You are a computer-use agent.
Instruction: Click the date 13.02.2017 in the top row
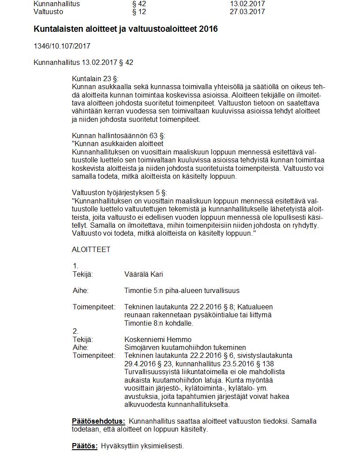[x=247, y=4]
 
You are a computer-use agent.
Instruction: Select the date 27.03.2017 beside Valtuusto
[x=247, y=11]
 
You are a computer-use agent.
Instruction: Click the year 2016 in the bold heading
[x=208, y=29]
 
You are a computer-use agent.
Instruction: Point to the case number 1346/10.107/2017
[x=62, y=46]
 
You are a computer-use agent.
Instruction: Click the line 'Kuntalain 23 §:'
[x=95, y=79]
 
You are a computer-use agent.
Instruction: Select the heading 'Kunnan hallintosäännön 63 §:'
[x=119, y=135]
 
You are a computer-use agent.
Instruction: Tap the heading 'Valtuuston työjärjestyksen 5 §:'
[x=120, y=192]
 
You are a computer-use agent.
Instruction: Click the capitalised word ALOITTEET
[x=91, y=249]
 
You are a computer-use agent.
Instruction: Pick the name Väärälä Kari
[x=144, y=274]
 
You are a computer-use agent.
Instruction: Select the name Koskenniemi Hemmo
[x=158, y=339]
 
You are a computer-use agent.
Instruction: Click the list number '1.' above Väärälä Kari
[x=75, y=266]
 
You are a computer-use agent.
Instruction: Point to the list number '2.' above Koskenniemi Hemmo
[x=75, y=331]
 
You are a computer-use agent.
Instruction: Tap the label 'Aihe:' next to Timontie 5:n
[x=81, y=290]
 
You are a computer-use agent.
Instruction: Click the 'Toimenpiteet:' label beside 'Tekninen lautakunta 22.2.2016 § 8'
[x=94, y=307]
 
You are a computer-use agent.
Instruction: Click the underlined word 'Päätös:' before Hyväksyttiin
[x=85, y=446]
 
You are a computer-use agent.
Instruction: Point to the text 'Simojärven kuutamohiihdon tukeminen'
[x=185, y=347]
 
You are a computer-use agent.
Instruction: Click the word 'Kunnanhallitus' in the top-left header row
[x=56, y=4]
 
